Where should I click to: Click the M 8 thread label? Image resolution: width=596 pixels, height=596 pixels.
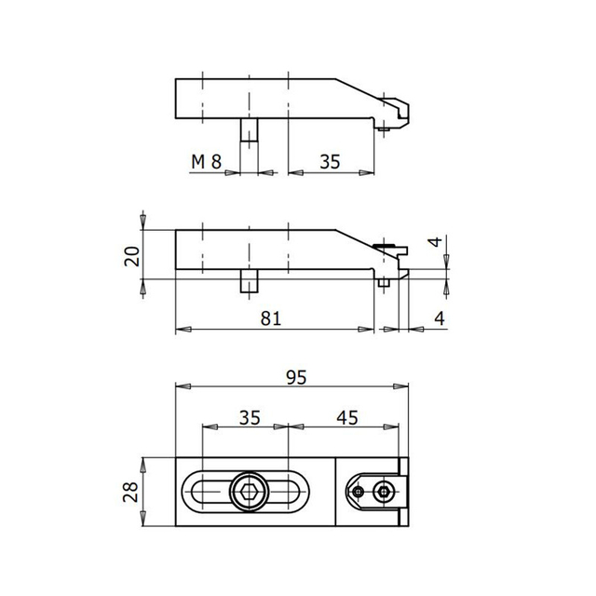tap(206, 161)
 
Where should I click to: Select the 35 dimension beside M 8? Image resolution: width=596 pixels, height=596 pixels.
tap(330, 161)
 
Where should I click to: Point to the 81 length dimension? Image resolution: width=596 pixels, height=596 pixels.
tap(271, 318)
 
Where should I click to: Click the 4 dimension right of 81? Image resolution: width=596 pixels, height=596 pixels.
tap(438, 318)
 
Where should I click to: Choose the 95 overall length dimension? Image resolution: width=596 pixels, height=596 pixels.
tap(296, 377)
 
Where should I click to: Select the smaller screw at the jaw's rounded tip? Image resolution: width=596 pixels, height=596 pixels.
tap(359, 491)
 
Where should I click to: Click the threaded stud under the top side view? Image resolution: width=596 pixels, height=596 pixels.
tap(249, 130)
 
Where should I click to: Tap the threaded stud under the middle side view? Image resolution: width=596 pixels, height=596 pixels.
tap(249, 280)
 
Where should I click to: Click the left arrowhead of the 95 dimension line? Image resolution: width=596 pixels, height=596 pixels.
tap(181, 387)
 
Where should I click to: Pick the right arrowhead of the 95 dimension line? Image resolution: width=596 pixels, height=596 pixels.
tap(405, 387)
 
